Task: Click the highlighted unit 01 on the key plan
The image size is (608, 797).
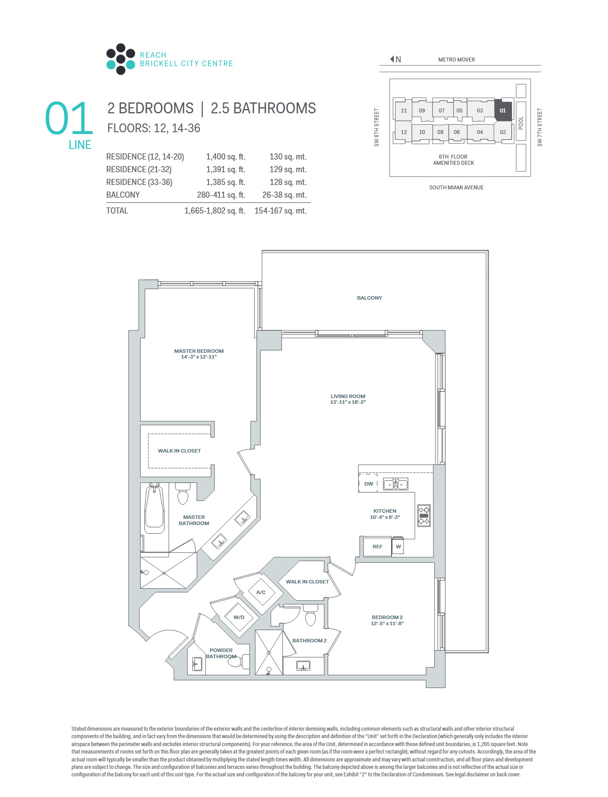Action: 503,110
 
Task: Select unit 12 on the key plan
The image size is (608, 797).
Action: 404,132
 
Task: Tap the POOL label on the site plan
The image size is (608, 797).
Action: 521,123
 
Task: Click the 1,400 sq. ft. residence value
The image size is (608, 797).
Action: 226,157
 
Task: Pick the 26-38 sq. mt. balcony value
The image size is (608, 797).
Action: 284,195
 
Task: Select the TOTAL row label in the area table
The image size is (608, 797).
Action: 117,210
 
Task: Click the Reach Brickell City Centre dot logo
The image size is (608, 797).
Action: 121,59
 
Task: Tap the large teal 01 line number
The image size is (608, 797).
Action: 69,119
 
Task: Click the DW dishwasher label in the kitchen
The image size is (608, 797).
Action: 369,484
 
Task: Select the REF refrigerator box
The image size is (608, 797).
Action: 377,547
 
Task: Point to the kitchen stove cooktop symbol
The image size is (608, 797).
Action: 424,515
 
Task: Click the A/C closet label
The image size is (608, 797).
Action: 261,592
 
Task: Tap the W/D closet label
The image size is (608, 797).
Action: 239,617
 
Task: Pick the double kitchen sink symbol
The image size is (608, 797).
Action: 396,484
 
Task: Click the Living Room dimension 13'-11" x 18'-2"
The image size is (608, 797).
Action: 348,402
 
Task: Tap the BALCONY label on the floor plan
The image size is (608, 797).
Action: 370,298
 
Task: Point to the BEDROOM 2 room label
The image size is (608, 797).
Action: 387,617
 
